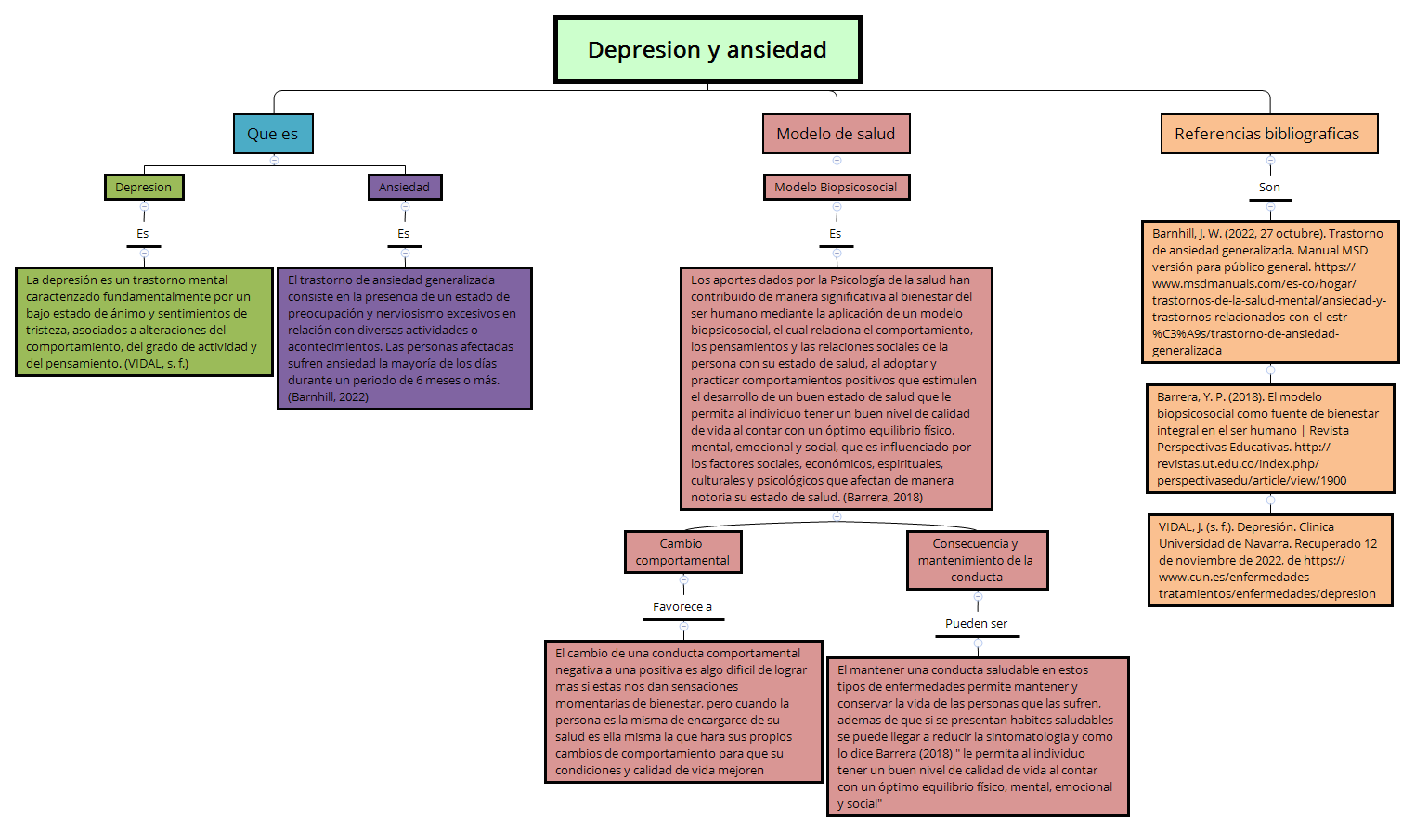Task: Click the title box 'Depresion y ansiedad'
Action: click(707, 49)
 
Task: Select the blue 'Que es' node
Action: click(273, 134)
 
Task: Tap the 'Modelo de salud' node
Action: click(836, 134)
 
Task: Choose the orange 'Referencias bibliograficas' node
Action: click(1268, 134)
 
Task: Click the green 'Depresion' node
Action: click(144, 187)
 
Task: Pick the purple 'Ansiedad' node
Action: click(405, 187)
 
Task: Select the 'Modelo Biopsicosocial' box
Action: click(836, 187)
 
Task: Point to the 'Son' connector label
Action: click(1269, 188)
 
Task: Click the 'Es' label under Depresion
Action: click(143, 234)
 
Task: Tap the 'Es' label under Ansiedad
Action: click(404, 234)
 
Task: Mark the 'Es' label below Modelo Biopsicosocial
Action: click(836, 234)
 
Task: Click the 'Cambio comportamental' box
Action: click(682, 552)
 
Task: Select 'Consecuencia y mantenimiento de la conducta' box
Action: click(977, 560)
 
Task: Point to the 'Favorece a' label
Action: click(682, 607)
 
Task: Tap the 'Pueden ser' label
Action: click(977, 624)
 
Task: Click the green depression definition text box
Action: click(144, 321)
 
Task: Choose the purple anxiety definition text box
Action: click(404, 338)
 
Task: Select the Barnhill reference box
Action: click(1269, 292)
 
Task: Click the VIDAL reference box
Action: click(1269, 560)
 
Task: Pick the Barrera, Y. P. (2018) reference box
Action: click(1269, 438)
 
